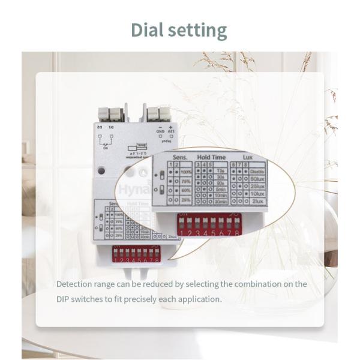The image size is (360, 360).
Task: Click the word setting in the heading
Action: coord(200,30)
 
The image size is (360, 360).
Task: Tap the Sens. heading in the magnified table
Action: coord(180,157)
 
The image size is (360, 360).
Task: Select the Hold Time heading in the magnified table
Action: coord(211,157)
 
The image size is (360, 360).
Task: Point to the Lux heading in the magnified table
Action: coord(247,157)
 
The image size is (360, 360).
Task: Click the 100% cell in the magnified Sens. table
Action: coord(185,171)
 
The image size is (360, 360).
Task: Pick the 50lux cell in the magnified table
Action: coord(258,178)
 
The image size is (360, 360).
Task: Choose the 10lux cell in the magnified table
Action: coord(258,194)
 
